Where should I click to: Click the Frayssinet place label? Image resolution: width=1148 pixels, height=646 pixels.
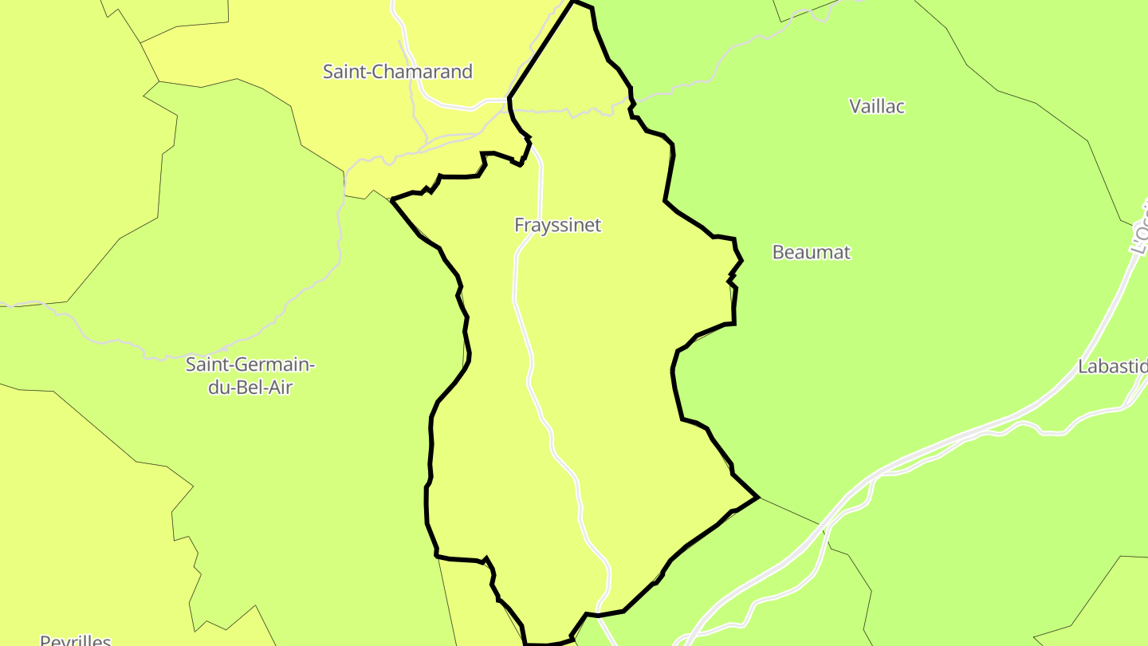pos(557,225)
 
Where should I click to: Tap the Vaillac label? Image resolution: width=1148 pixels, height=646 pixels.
pos(877,106)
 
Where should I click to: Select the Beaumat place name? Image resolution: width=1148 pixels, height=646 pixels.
pos(812,252)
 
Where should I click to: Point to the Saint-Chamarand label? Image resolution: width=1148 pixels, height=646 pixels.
pos(397,72)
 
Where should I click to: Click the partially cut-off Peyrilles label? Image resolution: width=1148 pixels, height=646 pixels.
pos(76,640)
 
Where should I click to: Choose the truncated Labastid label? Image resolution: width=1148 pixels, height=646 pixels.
pos(1112,367)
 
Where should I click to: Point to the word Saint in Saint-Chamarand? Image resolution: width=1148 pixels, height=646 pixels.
pos(341,72)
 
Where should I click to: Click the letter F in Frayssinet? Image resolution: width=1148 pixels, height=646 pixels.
pos(519,225)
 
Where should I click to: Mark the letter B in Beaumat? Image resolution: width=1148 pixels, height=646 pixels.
pos(778,252)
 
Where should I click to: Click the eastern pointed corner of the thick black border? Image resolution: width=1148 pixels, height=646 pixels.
pos(757,498)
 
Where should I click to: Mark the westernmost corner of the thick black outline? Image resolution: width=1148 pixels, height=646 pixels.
pos(392,199)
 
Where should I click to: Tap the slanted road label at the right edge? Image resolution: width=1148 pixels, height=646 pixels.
pos(1138,231)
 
